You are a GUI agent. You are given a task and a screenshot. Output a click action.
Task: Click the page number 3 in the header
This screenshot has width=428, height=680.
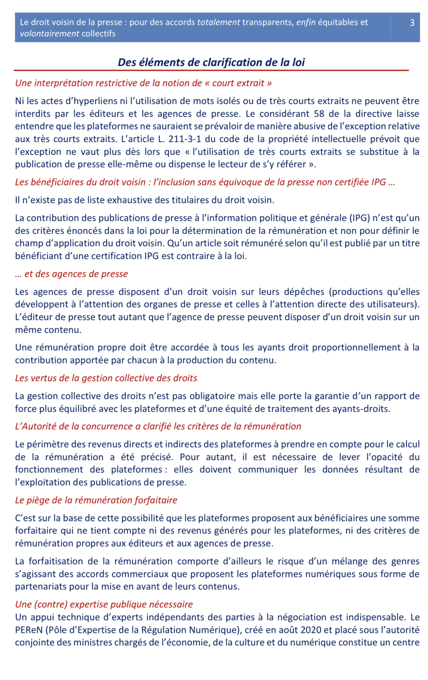[412, 23]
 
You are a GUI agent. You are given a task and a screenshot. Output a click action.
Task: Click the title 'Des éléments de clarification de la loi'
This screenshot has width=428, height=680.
[211, 63]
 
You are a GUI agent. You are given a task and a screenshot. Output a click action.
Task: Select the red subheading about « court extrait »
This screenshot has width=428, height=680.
[143, 83]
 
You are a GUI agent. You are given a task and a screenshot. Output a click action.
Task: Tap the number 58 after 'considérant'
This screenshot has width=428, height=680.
[319, 114]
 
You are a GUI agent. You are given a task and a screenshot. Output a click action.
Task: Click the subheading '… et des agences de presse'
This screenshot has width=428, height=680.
[71, 274]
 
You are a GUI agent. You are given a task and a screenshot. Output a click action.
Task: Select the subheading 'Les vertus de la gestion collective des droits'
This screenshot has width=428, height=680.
[106, 378]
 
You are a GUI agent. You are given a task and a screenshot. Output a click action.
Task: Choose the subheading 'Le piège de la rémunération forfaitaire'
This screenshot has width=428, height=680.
[96, 500]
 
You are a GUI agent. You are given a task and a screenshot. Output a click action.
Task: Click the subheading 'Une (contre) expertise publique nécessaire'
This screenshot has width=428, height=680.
[104, 604]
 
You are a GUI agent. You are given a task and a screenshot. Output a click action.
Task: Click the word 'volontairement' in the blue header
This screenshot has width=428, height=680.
[49, 34]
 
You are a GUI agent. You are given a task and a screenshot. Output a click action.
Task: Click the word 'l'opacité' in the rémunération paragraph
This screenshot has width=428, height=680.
[384, 457]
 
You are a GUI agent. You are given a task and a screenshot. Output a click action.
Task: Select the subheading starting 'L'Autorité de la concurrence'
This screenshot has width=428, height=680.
[158, 426]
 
